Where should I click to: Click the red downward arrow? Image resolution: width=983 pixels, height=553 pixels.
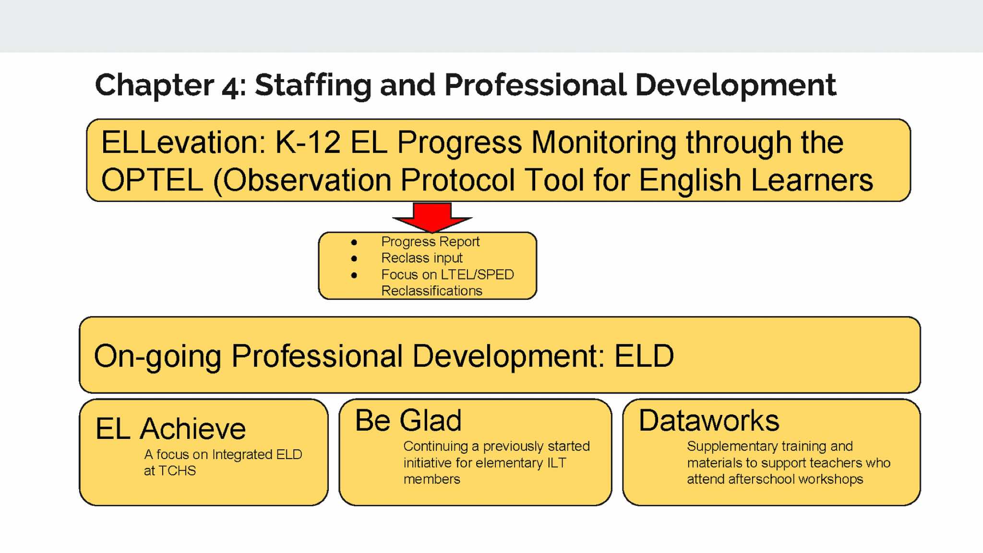click(x=432, y=217)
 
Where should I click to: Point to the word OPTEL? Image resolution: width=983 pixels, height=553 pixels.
click(x=152, y=180)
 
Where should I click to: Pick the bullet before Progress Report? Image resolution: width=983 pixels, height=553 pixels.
click(x=354, y=242)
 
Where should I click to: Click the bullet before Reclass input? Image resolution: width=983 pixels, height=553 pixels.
click(x=354, y=259)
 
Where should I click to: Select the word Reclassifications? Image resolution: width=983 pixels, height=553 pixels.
click(x=432, y=291)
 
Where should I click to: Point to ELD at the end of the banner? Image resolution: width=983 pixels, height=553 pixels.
click(x=644, y=356)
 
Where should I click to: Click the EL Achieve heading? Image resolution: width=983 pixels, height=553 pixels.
click(x=170, y=428)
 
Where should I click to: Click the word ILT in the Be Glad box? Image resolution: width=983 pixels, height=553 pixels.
click(x=557, y=463)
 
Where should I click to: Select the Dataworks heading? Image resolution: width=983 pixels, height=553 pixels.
click(x=709, y=421)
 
